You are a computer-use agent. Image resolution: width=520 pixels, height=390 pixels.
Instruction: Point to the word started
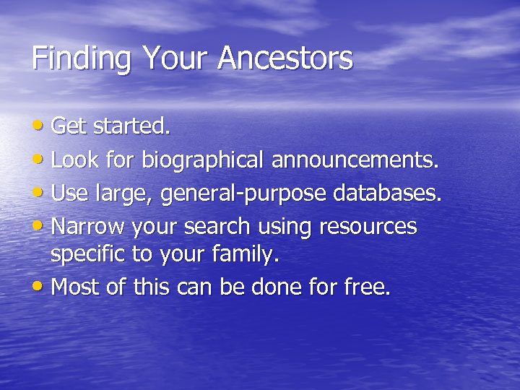click(133, 127)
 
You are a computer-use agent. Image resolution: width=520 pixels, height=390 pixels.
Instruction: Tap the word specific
click(89, 255)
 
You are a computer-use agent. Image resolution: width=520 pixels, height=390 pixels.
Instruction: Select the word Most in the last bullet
click(76, 287)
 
